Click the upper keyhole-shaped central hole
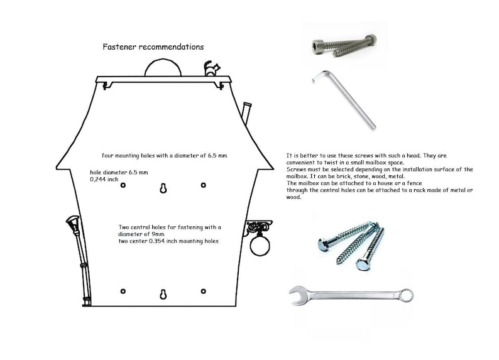coord(163,188)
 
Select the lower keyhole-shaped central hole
coord(163,295)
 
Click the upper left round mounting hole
coord(123,185)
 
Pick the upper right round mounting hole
coord(204,185)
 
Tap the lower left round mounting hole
coord(123,291)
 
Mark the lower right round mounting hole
coord(204,291)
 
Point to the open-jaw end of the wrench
coord(297,295)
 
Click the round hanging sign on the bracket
coord(260,246)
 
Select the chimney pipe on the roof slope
coord(246,113)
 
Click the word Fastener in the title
coord(119,46)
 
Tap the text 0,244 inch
coord(104,179)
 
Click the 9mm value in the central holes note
coord(158,234)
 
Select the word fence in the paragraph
coord(414,183)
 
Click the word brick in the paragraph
coord(344,176)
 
